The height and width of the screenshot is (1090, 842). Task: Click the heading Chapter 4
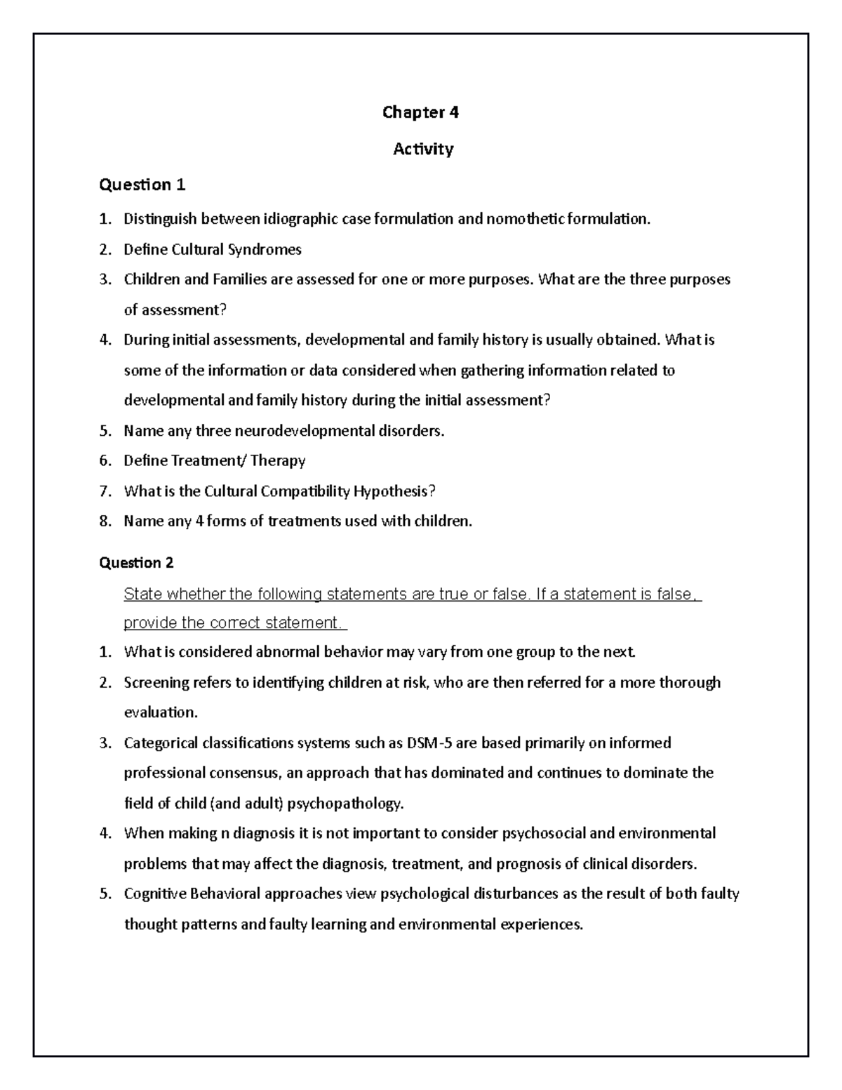pyautogui.click(x=420, y=112)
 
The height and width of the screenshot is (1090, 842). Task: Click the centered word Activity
pyautogui.click(x=423, y=149)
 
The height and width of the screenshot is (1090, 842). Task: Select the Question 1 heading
pyautogui.click(x=142, y=185)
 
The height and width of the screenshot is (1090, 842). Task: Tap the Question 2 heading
pyautogui.click(x=137, y=562)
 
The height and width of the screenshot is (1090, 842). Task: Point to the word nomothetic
pyautogui.click(x=525, y=219)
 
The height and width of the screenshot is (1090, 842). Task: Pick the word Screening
pyautogui.click(x=157, y=682)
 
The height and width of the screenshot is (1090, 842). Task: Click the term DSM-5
pyautogui.click(x=430, y=743)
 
